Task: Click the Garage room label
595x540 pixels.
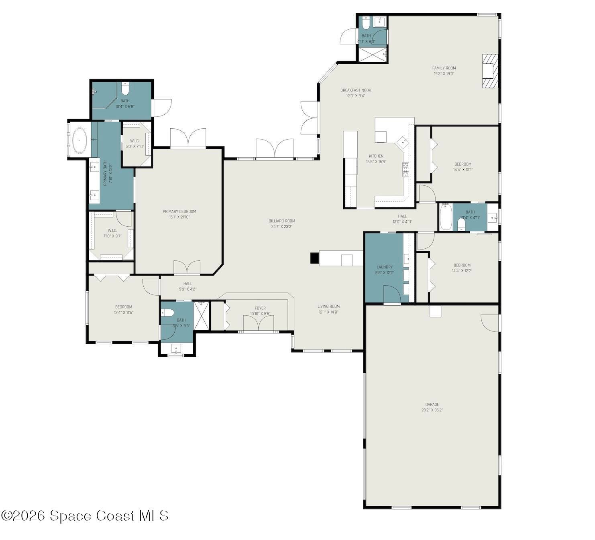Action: (432, 404)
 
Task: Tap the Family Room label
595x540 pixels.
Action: (444, 68)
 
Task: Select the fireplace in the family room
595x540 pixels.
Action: (490, 71)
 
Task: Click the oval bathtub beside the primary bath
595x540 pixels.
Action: (80, 141)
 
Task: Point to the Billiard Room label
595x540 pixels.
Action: (281, 221)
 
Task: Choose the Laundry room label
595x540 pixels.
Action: (384, 267)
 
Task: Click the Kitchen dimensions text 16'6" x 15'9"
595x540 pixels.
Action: (376, 162)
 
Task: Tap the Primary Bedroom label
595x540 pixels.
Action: (179, 211)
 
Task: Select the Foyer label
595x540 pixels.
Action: (260, 309)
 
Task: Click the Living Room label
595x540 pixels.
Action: (328, 307)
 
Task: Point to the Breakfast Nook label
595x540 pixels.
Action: (355, 90)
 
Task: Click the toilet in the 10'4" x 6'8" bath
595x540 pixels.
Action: (125, 88)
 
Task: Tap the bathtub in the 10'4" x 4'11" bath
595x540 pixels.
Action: (445, 217)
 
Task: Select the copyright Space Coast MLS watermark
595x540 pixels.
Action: (85, 516)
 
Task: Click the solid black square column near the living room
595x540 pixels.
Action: (314, 258)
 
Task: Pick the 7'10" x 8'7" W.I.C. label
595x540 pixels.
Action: (112, 230)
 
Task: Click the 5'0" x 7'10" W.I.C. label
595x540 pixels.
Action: (134, 141)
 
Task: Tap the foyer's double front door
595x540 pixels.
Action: (259, 324)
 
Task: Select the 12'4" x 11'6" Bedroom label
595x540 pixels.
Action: (124, 307)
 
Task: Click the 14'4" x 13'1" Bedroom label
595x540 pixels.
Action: (463, 164)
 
